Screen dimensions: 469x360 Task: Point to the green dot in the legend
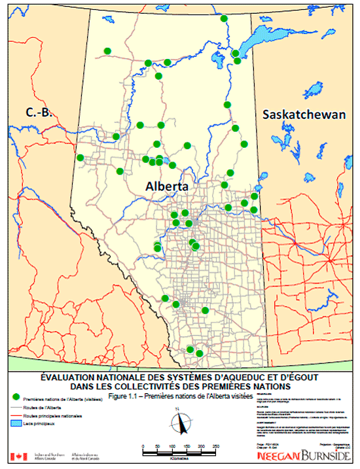(x=15, y=396)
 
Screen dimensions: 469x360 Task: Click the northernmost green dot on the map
(x=224, y=19)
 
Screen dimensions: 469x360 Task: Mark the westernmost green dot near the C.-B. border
(x=81, y=158)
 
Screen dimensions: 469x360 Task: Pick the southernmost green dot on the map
(x=199, y=354)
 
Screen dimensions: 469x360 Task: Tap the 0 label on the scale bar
(x=143, y=445)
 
